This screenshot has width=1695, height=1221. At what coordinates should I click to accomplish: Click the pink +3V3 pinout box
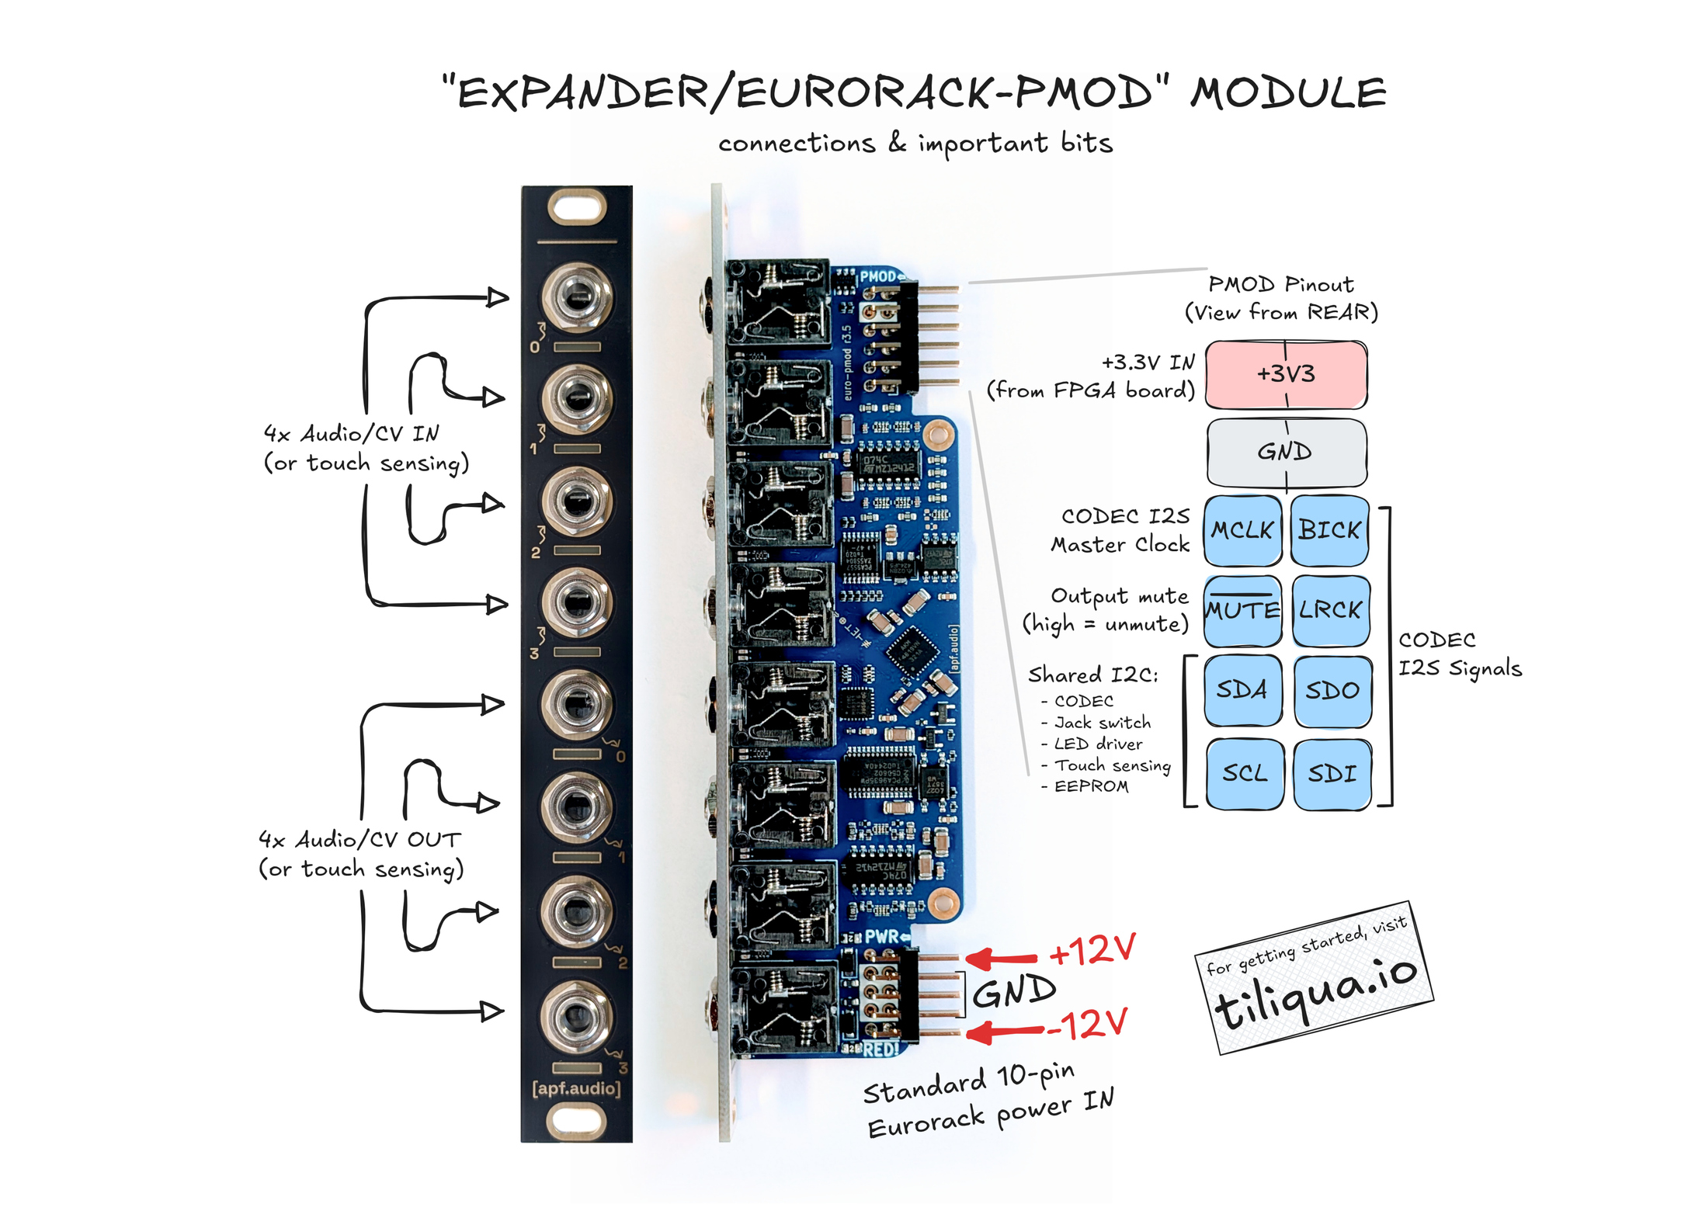pos(1285,374)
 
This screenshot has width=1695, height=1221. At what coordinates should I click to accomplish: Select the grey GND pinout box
pos(1286,451)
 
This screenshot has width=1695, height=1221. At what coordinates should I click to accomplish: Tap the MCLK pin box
pos(1242,530)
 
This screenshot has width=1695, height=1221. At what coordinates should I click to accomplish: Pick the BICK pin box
pos(1329,530)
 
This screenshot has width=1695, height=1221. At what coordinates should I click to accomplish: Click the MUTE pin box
pos(1242,610)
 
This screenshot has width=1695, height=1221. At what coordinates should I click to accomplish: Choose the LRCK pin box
pos(1330,610)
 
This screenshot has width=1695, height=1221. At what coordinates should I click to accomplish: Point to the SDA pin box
pos(1242,689)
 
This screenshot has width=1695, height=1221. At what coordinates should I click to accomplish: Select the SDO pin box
pos(1332,690)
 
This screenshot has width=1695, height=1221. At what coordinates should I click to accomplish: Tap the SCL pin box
pos(1244,773)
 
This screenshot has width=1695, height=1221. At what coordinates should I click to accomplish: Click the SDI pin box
pos(1332,773)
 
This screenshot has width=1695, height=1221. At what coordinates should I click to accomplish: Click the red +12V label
pos(1092,950)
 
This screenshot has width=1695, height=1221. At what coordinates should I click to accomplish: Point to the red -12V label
pos(1087,1025)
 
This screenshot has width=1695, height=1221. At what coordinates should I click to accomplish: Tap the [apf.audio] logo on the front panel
pos(576,1088)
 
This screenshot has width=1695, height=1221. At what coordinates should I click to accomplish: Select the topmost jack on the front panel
pos(577,297)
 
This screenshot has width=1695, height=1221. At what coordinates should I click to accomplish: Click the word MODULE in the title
pos(1289,93)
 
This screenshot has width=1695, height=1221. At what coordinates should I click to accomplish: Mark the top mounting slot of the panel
pos(577,207)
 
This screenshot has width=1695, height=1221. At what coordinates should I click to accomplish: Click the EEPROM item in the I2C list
pos(1091,786)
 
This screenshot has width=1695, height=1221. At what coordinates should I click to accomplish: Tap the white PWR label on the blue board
pos(881,937)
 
